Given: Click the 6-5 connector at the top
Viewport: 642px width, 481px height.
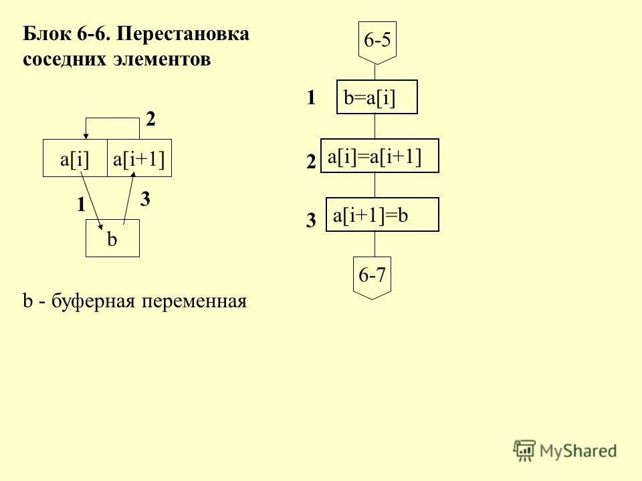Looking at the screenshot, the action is pyautogui.click(x=377, y=41).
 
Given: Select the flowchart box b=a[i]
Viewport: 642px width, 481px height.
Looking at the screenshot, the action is pyautogui.click(x=377, y=98).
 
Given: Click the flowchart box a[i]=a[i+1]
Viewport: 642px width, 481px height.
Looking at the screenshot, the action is pyautogui.click(x=380, y=156).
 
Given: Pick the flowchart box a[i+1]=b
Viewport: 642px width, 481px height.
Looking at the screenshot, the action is pyautogui.click(x=382, y=214).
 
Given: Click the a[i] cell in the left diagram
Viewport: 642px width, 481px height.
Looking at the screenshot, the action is pyautogui.click(x=75, y=159).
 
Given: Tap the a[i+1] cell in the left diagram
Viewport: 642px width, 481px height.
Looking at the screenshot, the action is pyautogui.click(x=139, y=159).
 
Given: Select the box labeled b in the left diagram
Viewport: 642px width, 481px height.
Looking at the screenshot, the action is pyautogui.click(x=112, y=239).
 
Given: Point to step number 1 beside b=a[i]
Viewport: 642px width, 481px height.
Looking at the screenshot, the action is pyautogui.click(x=311, y=98).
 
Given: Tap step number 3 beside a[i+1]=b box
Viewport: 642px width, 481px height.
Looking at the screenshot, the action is pyautogui.click(x=310, y=221).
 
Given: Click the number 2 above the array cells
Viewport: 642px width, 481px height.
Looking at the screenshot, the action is pyautogui.click(x=150, y=120).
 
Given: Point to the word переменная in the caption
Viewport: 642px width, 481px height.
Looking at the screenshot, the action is pyautogui.click(x=194, y=302).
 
